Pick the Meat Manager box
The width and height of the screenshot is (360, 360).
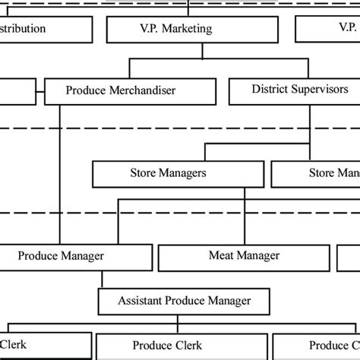pos(244,257)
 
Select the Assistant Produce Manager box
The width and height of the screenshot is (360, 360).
pos(185,300)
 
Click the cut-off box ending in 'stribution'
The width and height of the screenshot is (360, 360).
pos(46,29)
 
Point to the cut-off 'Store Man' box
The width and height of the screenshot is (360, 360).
pos(315,173)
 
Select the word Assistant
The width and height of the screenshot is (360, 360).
pos(142,300)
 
